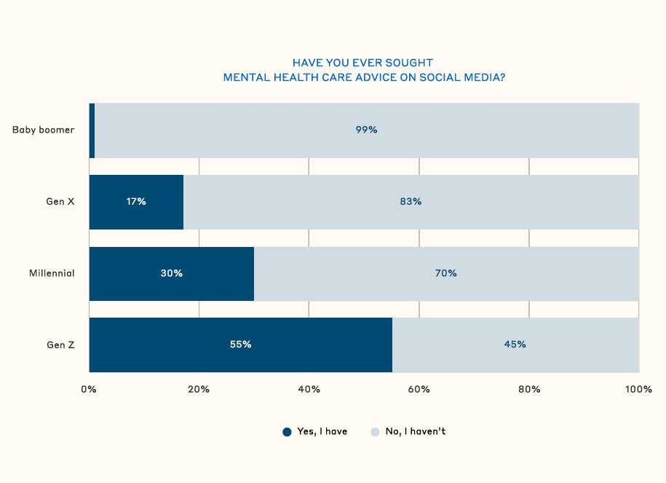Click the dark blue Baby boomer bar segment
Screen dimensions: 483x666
click(92, 130)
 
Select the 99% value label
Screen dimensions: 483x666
click(366, 130)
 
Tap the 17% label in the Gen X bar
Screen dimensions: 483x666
click(136, 202)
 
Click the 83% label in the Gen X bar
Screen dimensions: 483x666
click(411, 202)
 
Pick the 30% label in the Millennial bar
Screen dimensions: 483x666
click(172, 273)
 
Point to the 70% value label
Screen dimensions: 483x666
click(446, 273)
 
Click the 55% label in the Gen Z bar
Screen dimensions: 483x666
click(240, 345)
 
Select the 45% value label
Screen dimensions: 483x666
click(515, 345)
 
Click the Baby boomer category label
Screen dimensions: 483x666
click(44, 130)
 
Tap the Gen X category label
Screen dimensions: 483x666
click(60, 202)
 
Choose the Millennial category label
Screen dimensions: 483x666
click(52, 273)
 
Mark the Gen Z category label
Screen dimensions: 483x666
click(60, 345)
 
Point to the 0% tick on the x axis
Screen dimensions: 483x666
click(89, 390)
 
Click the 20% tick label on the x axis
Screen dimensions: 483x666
click(199, 390)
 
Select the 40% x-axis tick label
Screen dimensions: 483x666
click(309, 390)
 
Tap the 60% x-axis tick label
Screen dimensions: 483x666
click(419, 390)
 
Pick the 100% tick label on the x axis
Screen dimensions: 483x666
click(638, 390)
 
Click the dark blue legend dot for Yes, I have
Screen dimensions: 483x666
click(287, 432)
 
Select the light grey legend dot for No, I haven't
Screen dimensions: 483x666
click(375, 432)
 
